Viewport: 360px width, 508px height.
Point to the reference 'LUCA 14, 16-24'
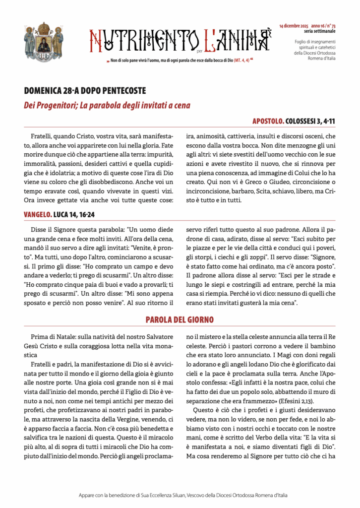[x=74, y=214]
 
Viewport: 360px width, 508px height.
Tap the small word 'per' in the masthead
[x=198, y=50]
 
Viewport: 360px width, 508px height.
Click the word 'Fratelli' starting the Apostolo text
[x=42, y=135]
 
